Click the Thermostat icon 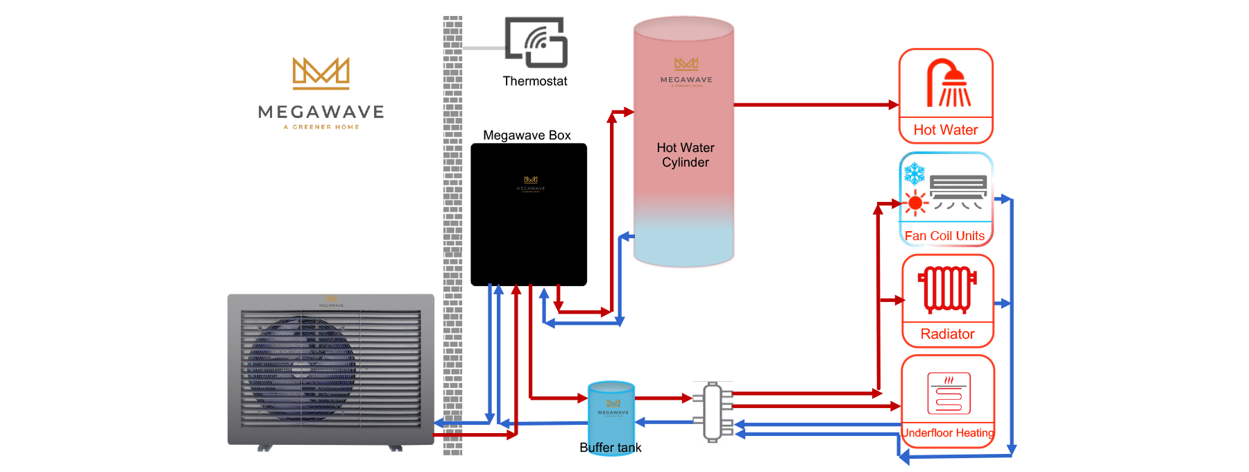(536, 42)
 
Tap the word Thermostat (535, 81)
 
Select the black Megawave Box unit (529, 214)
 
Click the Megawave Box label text (527, 135)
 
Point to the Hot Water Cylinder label (686, 155)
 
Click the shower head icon (949, 83)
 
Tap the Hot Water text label (945, 130)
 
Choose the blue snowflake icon (915, 174)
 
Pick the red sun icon (915, 203)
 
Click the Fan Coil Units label (944, 236)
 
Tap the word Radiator (947, 334)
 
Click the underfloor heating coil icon (949, 394)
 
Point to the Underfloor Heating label (948, 433)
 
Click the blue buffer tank (611, 410)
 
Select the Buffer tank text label (611, 448)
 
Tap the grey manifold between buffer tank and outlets (713, 412)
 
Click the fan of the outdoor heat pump (302, 369)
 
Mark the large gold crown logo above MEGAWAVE (321, 74)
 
